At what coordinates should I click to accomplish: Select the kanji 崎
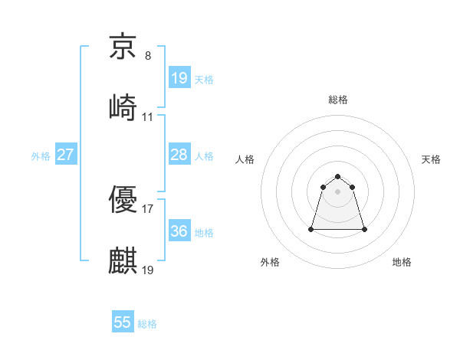point(123,106)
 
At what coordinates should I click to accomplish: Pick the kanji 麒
point(123,260)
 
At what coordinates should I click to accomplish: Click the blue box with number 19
point(179,78)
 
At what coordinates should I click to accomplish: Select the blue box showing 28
point(179,155)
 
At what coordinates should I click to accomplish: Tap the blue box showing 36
point(179,231)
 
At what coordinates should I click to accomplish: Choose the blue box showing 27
point(66,155)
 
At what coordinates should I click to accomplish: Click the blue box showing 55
point(123,322)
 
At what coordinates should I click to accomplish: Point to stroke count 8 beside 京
point(148,56)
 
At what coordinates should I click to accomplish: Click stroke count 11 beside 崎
point(148,117)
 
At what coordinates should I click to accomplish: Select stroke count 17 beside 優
point(148,208)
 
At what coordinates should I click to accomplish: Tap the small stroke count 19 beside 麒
point(148,270)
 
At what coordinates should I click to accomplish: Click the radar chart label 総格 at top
point(338,100)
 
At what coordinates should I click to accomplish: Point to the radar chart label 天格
point(432,159)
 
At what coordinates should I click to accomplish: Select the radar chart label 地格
point(402,262)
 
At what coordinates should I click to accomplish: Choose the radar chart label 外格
point(270,262)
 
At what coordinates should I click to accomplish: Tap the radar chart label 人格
point(245,159)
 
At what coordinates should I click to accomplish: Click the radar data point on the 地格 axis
point(364,229)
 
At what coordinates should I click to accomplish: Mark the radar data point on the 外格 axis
point(311,229)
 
